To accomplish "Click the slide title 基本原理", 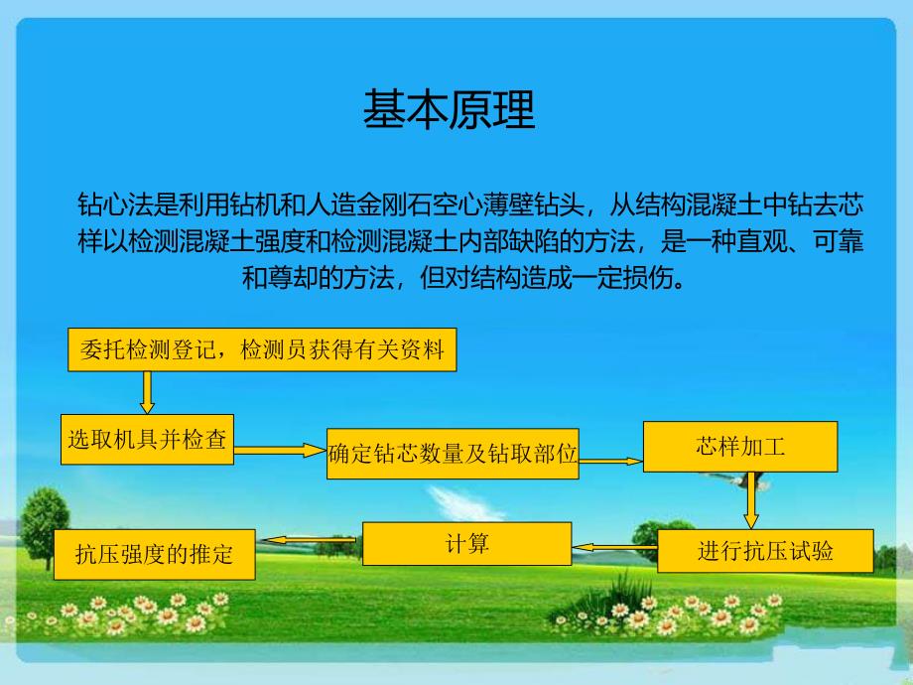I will (449, 110).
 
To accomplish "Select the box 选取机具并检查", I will (147, 438).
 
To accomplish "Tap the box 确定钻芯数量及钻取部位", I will (453, 454).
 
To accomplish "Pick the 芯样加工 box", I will (740, 446).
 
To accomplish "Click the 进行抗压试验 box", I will (765, 551).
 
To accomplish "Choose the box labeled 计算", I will (466, 543).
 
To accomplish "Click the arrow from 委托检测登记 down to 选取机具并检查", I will (147, 392).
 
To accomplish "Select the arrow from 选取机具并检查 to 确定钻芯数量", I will (280, 450).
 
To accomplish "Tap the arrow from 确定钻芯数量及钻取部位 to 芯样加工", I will (611, 461).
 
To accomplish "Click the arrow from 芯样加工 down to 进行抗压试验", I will (751, 499).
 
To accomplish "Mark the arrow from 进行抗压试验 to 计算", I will (615, 547).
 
